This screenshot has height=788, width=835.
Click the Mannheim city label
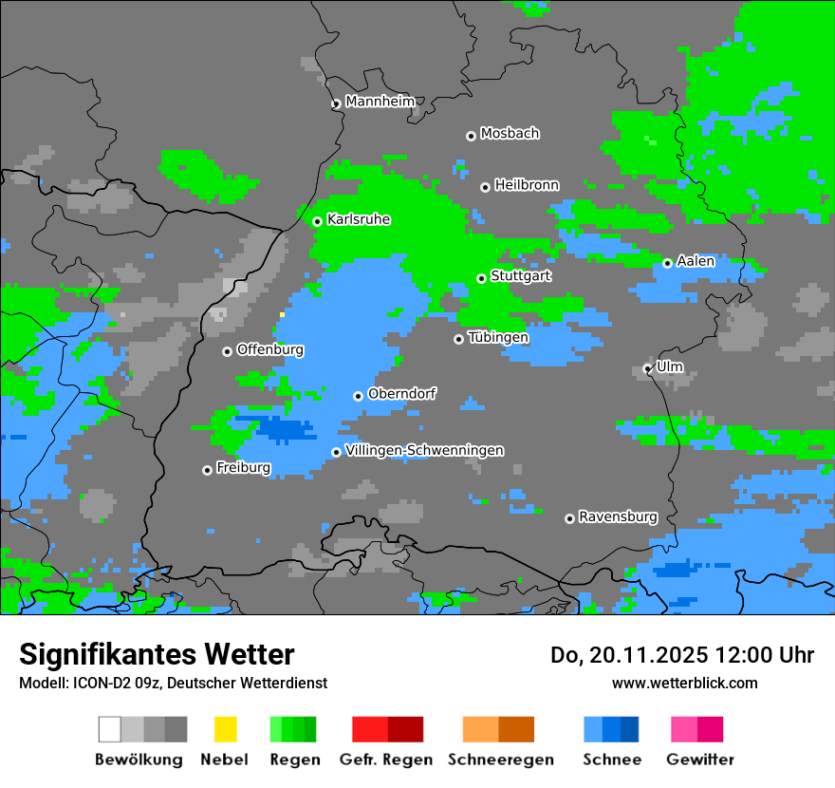pos(380,102)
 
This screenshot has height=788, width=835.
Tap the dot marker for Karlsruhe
pos(318,221)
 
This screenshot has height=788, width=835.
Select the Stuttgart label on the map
pos(521,276)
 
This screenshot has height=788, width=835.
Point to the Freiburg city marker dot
pos(207,470)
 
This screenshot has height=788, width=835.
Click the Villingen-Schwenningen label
pos(424,450)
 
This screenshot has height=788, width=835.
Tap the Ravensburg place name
pos(618,517)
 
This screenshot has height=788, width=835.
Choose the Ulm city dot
pos(648,368)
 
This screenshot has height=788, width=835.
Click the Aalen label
pos(696,261)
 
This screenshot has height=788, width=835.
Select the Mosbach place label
pos(510,134)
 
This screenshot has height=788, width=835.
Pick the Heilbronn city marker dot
pos(485,187)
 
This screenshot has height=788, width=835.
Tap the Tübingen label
pos(498,337)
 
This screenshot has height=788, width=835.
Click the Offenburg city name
pos(270,349)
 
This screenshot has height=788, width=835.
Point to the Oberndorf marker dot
pos(358,396)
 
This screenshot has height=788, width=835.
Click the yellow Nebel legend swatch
pos(225,729)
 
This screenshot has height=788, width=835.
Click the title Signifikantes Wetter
pos(157,654)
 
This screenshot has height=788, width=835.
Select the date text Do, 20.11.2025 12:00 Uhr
pos(682,655)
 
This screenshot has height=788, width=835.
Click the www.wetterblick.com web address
pos(684,683)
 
